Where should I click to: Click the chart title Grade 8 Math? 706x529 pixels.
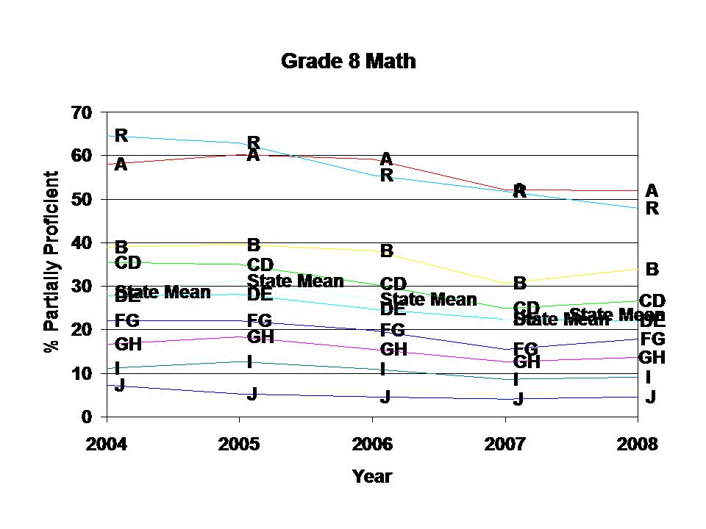coord(349,61)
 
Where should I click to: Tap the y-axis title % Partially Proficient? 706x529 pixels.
coord(51,262)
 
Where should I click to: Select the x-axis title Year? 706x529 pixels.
coord(372,476)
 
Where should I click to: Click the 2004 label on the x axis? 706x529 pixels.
coord(107,445)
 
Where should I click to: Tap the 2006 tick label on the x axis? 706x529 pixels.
coord(372,445)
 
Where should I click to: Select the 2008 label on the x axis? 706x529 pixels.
coord(637,445)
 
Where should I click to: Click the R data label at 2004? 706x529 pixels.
coord(121,135)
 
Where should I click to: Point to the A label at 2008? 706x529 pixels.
coord(652,191)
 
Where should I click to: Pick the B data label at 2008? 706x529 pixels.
coord(652,270)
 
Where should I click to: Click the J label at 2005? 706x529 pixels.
coord(252,394)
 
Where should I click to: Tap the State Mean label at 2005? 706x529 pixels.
coord(295,281)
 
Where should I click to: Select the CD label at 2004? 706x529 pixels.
coord(128,263)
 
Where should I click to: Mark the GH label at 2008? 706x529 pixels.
coord(652,358)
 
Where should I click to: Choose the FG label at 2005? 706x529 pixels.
coord(260,320)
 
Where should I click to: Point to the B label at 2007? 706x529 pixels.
coord(520,283)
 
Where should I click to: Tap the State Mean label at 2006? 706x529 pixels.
coord(429,299)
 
